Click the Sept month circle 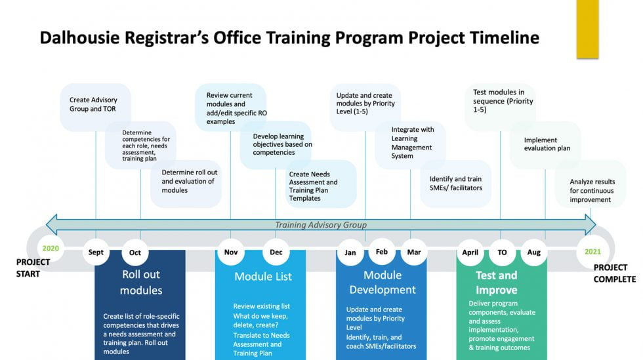click(96, 252)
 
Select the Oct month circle click(135, 252)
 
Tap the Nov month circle click(230, 252)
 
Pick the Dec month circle click(276, 252)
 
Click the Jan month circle click(350, 252)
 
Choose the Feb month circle click(382, 251)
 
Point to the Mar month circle click(414, 252)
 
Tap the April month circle click(470, 252)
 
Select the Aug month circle click(534, 252)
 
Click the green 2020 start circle click(50, 249)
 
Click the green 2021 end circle click(592, 251)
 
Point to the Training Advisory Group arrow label click(320, 225)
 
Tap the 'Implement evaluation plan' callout click(547, 144)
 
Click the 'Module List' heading click(263, 277)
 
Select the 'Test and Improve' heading click(497, 283)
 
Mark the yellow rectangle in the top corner click(587, 29)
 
